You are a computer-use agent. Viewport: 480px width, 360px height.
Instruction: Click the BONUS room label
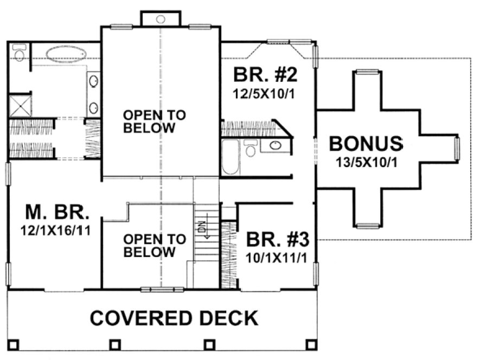pyautogui.click(x=366, y=144)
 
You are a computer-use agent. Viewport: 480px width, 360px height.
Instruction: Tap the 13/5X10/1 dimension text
pyautogui.click(x=367, y=162)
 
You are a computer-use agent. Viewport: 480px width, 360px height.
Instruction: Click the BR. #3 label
pyautogui.click(x=277, y=239)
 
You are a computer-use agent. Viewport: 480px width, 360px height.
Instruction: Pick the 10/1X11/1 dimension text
pyautogui.click(x=277, y=258)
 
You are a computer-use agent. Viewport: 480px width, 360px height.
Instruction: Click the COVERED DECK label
pyautogui.click(x=174, y=318)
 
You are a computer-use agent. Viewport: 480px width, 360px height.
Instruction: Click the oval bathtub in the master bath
pyautogui.click(x=66, y=54)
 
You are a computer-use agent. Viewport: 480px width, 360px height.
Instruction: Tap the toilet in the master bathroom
pyautogui.click(x=20, y=53)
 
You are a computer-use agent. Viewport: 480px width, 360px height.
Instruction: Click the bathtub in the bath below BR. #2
pyautogui.click(x=230, y=157)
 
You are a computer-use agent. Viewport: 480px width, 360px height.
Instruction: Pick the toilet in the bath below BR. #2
pyautogui.click(x=251, y=149)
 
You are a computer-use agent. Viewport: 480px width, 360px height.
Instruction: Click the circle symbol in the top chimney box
pyautogui.click(x=161, y=19)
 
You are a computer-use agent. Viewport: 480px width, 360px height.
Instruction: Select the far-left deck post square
pyautogui.click(x=15, y=344)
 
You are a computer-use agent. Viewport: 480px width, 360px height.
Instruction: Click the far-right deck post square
pyautogui.click(x=311, y=344)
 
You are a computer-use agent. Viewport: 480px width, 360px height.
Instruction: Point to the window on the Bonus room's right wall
pyautogui.click(x=456, y=149)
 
